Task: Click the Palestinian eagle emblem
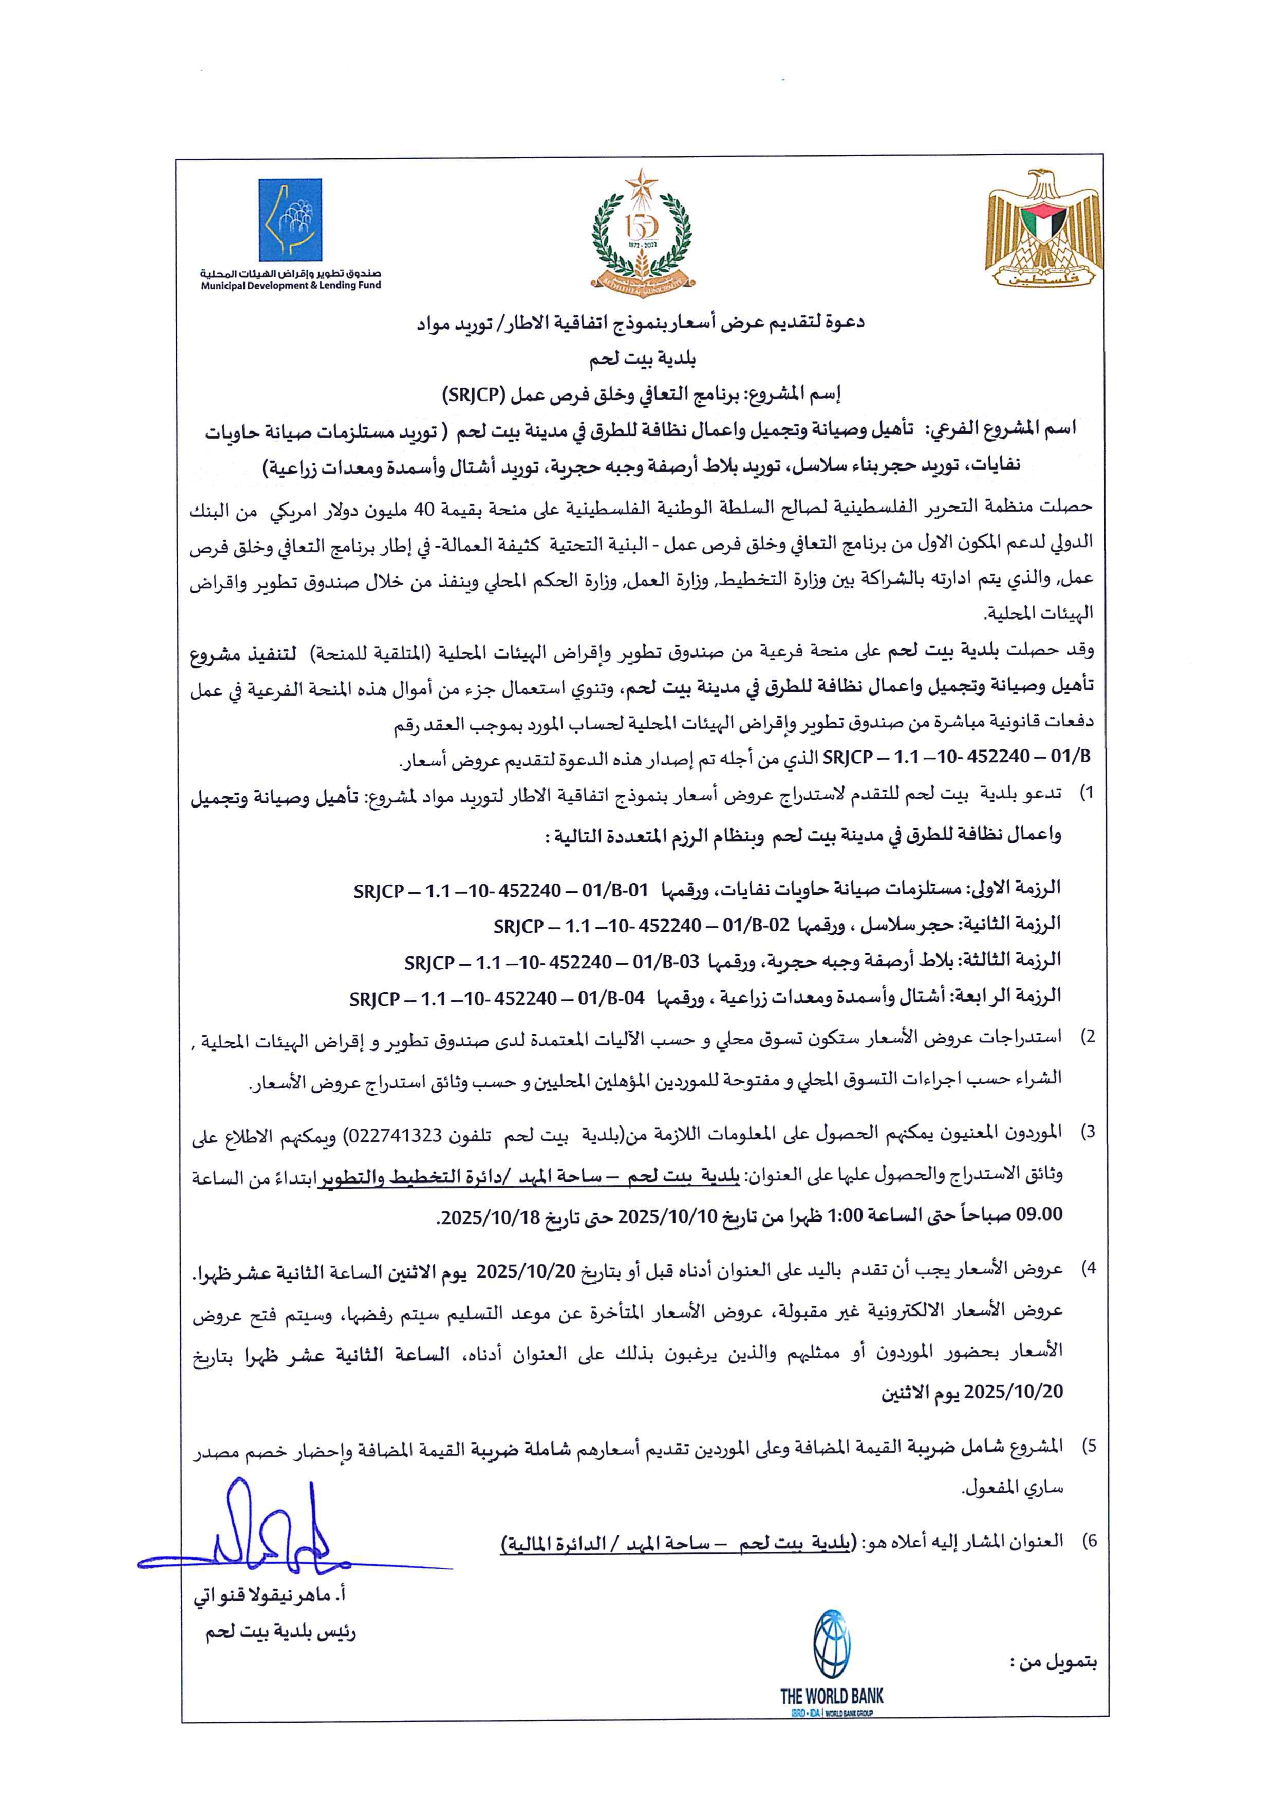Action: click(x=1043, y=227)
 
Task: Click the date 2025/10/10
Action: click(x=667, y=1218)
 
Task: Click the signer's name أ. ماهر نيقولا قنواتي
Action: click(x=270, y=1597)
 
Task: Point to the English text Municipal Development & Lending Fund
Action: click(x=290, y=286)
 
